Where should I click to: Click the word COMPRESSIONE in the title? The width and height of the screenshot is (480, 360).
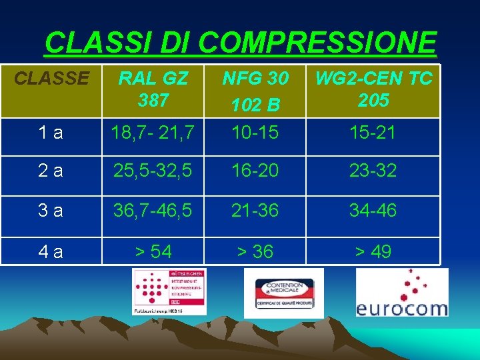(317, 43)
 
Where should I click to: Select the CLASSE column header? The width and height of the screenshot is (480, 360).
(51, 79)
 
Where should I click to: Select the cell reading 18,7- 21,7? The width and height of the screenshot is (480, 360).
(154, 133)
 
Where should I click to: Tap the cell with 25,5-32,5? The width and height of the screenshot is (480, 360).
(154, 171)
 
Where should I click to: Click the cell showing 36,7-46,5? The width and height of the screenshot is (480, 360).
(154, 211)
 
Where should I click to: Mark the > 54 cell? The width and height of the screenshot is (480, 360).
(153, 252)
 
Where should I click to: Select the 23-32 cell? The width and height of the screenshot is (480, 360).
(373, 171)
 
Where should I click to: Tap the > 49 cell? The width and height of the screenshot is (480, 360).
(373, 252)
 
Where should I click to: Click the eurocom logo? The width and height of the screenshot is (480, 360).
(401, 293)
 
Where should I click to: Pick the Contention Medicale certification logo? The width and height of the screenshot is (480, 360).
(283, 293)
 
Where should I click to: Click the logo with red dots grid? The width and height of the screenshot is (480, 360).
(169, 291)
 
